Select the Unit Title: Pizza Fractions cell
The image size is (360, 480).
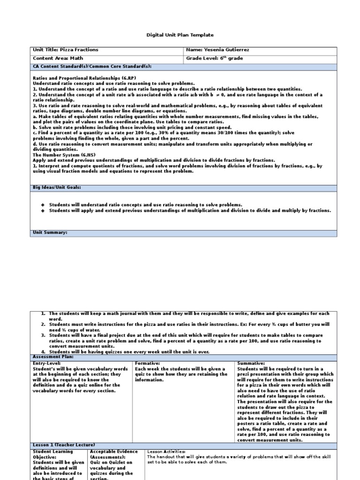coord(66,50)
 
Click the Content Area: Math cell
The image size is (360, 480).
coord(54,59)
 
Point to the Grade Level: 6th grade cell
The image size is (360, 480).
coord(215,59)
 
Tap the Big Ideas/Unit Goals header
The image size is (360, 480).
coord(57,187)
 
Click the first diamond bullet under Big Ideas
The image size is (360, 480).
coord(42,205)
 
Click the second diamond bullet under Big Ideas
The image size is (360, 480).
coord(42,210)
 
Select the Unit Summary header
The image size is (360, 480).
coord(50,232)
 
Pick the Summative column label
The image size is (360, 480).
coord(251,363)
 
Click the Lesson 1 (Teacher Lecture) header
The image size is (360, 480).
coord(64,444)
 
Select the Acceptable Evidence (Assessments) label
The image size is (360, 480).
coord(113,454)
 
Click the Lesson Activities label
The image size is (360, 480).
coord(166,451)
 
